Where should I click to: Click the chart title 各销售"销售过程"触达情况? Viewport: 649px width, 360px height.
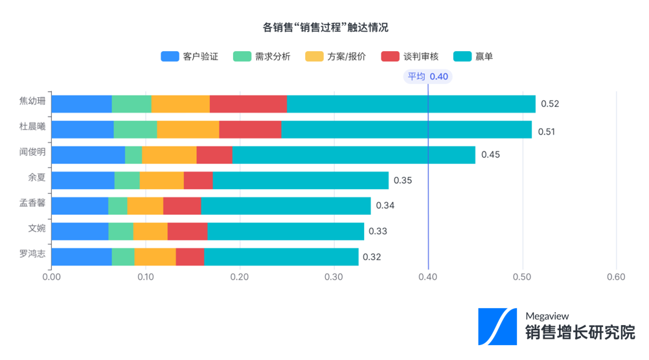click(x=325, y=28)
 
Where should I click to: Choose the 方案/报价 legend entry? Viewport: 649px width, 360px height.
click(x=335, y=56)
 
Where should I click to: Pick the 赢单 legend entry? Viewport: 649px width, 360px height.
click(x=473, y=56)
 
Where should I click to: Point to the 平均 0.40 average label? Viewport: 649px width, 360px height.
click(x=427, y=76)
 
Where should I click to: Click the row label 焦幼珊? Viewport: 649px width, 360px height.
click(x=32, y=101)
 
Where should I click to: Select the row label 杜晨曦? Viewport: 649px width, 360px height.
click(x=32, y=127)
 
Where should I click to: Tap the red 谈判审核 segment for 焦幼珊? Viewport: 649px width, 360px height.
click(x=248, y=104)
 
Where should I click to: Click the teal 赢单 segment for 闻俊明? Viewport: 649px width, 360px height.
click(x=354, y=155)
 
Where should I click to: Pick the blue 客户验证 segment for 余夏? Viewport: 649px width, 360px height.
click(x=83, y=180)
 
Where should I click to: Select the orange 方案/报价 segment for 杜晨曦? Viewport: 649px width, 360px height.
click(x=188, y=129)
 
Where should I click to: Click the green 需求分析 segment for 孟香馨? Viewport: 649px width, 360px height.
click(x=118, y=206)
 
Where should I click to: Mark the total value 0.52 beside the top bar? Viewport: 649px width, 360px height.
click(x=550, y=104)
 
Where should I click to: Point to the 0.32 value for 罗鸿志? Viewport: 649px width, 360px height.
click(x=372, y=257)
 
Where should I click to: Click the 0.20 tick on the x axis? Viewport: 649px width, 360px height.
click(x=240, y=277)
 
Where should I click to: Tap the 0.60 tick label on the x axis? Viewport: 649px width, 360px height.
click(x=616, y=277)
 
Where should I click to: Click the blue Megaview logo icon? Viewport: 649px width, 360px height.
click(x=497, y=326)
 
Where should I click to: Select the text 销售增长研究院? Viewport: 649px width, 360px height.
click(x=580, y=333)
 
